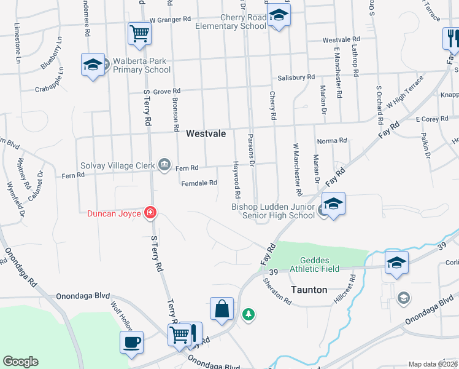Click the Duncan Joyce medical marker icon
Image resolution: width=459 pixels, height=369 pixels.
click(150, 213)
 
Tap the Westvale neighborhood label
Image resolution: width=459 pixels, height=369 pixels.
click(206, 133)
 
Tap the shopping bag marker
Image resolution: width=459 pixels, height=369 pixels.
click(221, 309)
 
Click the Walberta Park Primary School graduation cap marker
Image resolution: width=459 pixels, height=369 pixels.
click(92, 65)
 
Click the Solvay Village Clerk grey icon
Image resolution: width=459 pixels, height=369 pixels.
click(164, 165)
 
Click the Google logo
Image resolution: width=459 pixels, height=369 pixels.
click(20, 362)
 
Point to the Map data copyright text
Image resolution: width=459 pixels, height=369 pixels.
click(433, 364)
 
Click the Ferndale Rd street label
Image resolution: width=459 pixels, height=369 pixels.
click(199, 183)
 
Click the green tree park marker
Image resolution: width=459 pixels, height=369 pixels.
click(249, 315)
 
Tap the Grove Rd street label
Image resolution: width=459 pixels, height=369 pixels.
click(166, 92)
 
